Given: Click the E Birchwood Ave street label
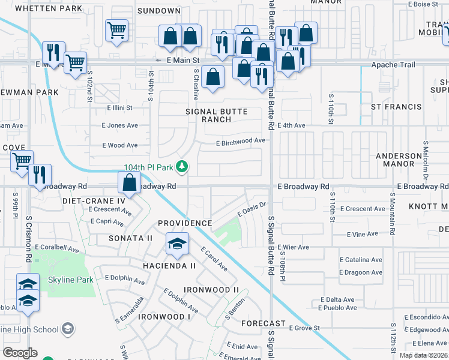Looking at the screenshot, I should coord(241,141).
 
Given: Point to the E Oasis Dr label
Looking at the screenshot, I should coord(252,209).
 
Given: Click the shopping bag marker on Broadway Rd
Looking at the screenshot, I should coord(130,182).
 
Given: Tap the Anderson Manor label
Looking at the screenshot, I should coord(399,160).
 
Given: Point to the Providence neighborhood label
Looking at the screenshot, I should coord(185,223).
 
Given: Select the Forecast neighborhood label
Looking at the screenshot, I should coord(259,323).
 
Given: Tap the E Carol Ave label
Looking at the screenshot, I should coord(214,259).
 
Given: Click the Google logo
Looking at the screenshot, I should coord(20,353).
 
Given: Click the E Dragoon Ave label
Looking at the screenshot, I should coord(361,272).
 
